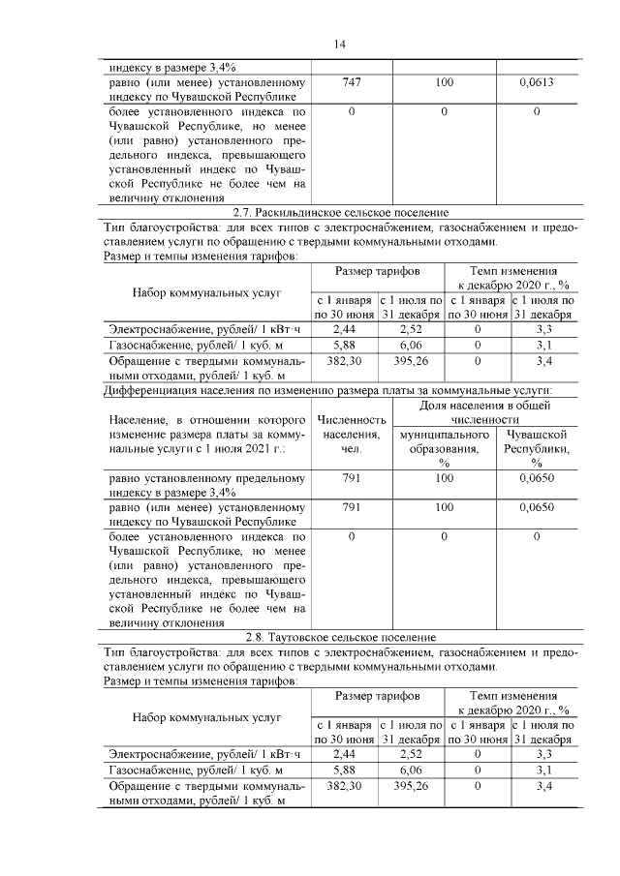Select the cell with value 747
point(351,84)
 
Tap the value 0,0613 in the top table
point(536,84)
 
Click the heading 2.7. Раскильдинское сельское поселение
point(341,212)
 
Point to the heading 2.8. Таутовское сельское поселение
point(341,637)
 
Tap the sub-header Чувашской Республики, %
point(536,449)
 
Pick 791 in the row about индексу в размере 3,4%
point(351,478)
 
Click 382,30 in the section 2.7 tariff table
point(345,360)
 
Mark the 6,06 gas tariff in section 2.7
point(412,344)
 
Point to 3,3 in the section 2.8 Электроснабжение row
point(543,753)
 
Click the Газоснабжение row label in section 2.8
point(172,770)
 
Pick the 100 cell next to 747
point(444,84)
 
